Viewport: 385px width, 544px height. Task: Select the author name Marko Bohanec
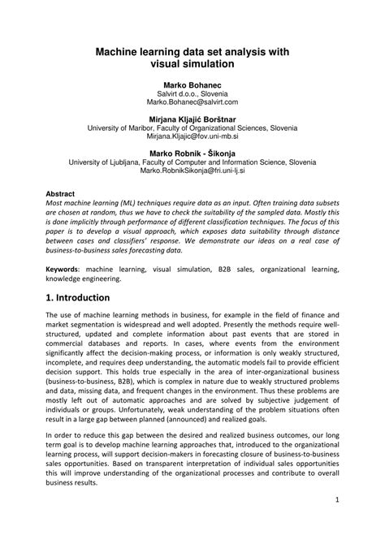pyautogui.click(x=192, y=84)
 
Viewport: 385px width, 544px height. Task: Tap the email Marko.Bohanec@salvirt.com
pyautogui.click(x=192, y=102)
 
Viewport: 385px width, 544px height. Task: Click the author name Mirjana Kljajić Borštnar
pyautogui.click(x=192, y=118)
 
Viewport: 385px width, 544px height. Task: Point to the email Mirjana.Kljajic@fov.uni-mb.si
pyautogui.click(x=192, y=137)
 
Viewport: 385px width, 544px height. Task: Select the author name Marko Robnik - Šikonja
pyautogui.click(x=192, y=153)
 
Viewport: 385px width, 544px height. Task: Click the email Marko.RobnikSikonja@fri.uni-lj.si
pyautogui.click(x=192, y=171)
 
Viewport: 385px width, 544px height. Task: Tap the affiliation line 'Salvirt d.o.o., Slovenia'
pyautogui.click(x=192, y=93)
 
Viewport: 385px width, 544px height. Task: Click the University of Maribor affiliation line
pyautogui.click(x=192, y=127)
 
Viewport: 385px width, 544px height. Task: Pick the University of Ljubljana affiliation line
pyautogui.click(x=192, y=162)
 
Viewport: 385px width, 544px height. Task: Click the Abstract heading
pyautogui.click(x=60, y=195)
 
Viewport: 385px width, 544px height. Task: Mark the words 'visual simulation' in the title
pyautogui.click(x=192, y=62)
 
